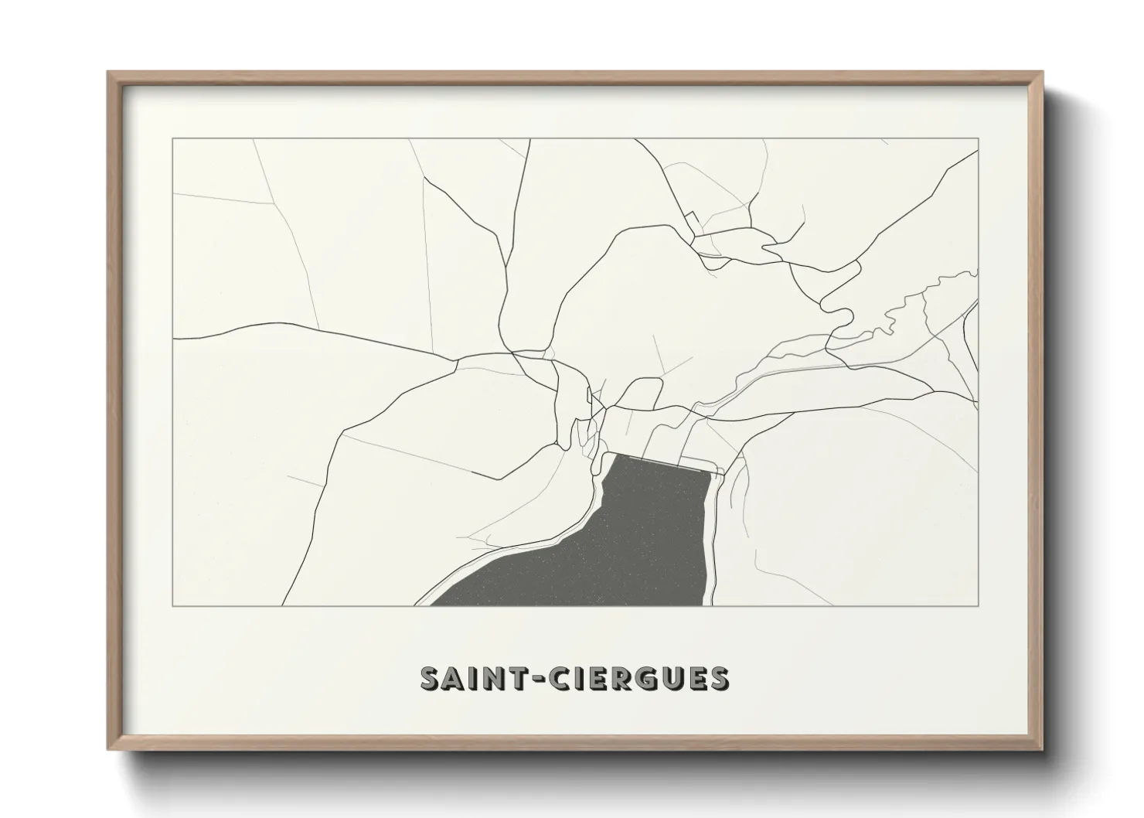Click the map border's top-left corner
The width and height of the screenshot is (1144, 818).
click(x=172, y=139)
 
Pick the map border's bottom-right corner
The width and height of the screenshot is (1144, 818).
click(x=979, y=605)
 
